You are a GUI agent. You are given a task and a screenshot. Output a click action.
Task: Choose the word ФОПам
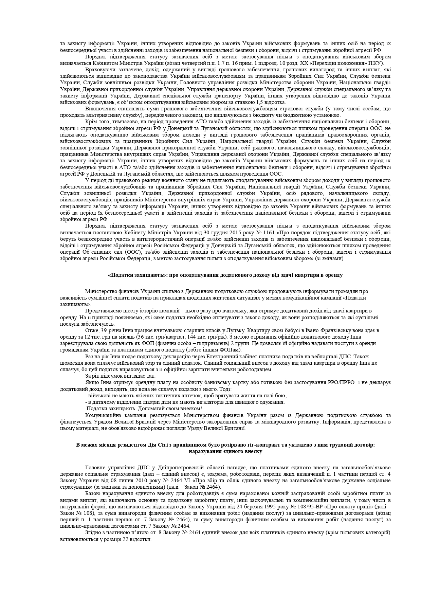click(232, 350)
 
